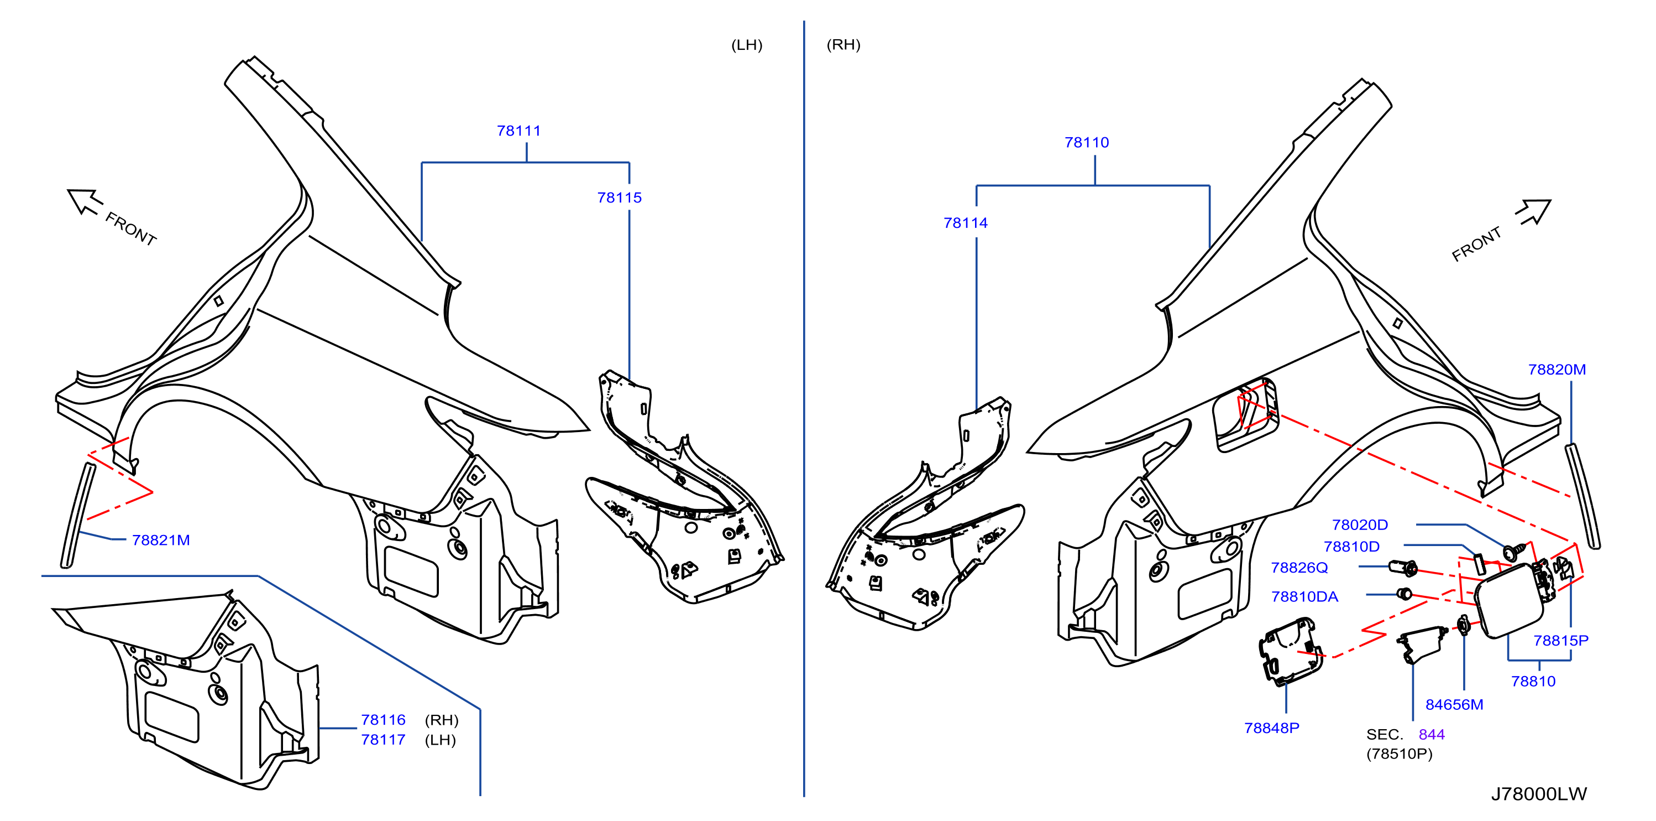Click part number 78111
(519, 131)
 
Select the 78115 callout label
(619, 198)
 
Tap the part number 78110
(1087, 142)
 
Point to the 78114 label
(965, 222)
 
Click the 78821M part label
(161, 540)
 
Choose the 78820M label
(1557, 370)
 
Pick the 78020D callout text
(1360, 524)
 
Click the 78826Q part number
(1299, 567)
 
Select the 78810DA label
(1304, 596)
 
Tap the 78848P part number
(1271, 728)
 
